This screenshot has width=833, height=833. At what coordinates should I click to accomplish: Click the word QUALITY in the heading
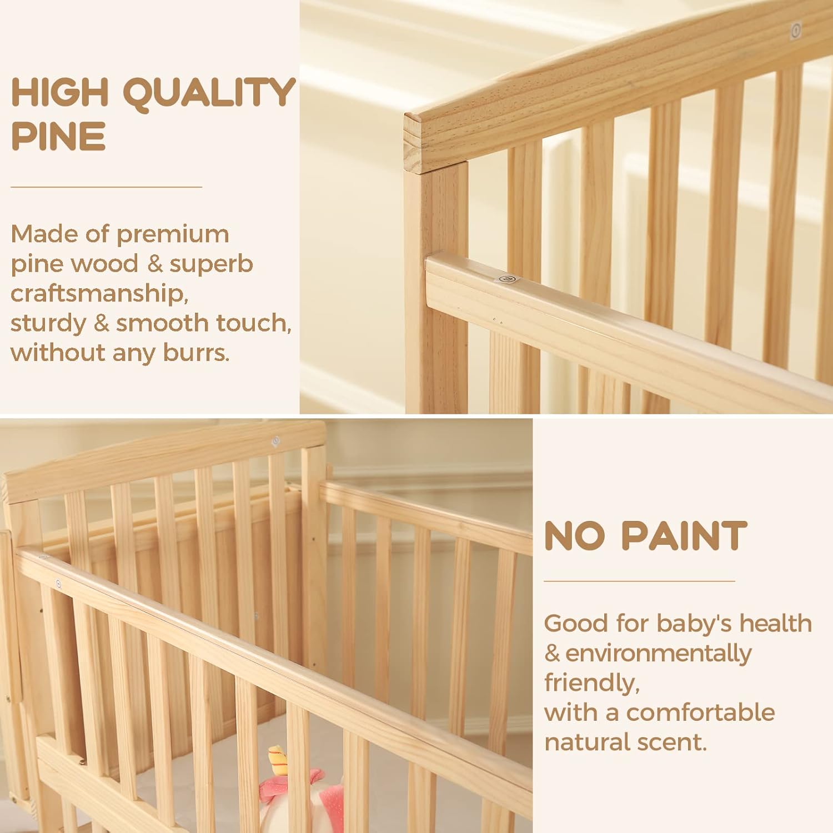click(x=209, y=93)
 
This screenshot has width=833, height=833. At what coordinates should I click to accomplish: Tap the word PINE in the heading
click(x=58, y=136)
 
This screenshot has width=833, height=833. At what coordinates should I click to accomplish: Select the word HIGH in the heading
click(x=59, y=92)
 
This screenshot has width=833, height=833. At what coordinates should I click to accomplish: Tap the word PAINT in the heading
click(x=684, y=536)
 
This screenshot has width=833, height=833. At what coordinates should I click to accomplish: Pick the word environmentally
click(x=659, y=654)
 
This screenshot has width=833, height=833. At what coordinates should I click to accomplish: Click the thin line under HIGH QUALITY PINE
click(x=106, y=187)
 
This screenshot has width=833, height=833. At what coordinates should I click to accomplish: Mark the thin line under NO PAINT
click(x=639, y=581)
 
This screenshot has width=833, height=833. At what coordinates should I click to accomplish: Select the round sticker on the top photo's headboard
click(x=796, y=30)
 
